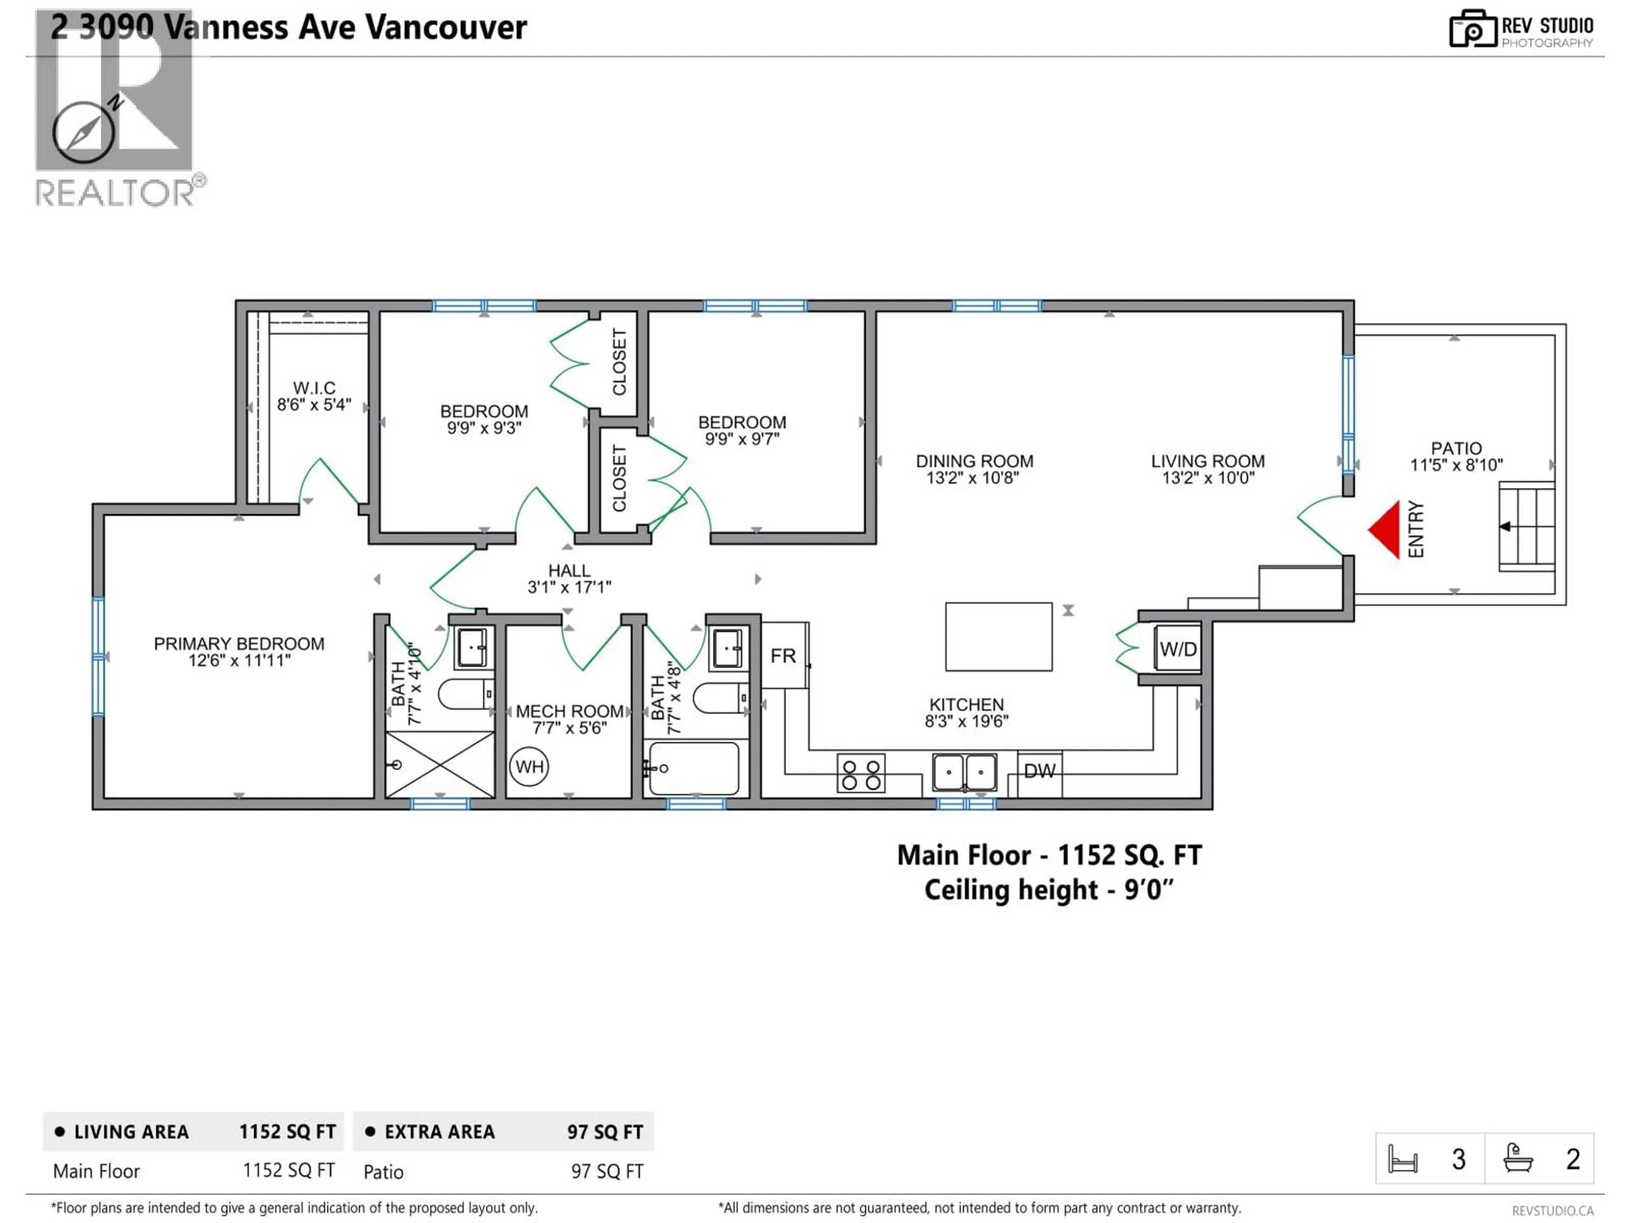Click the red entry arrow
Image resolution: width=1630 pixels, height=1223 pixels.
coord(1387,529)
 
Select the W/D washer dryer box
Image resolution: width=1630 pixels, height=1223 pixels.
coord(1178,649)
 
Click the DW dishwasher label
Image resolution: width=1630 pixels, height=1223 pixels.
coord(1040,771)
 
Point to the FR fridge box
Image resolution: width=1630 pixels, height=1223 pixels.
coord(783,655)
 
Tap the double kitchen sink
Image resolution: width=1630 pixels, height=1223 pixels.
coord(964,772)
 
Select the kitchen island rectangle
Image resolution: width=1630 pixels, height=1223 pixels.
coord(998,636)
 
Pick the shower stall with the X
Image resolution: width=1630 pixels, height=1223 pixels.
coord(440,764)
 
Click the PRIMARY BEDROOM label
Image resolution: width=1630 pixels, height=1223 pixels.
coord(239,644)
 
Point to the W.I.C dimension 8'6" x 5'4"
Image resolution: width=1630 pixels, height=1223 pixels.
coord(314,405)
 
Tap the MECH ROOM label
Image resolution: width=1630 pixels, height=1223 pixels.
coord(570,711)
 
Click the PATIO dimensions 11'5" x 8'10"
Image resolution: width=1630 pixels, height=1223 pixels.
coord(1456,465)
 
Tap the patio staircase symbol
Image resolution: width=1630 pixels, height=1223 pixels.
coord(1527,526)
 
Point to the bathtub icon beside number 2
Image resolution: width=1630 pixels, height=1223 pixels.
coord(1518,1158)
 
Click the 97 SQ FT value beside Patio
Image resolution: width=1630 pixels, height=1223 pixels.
coord(607,1171)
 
